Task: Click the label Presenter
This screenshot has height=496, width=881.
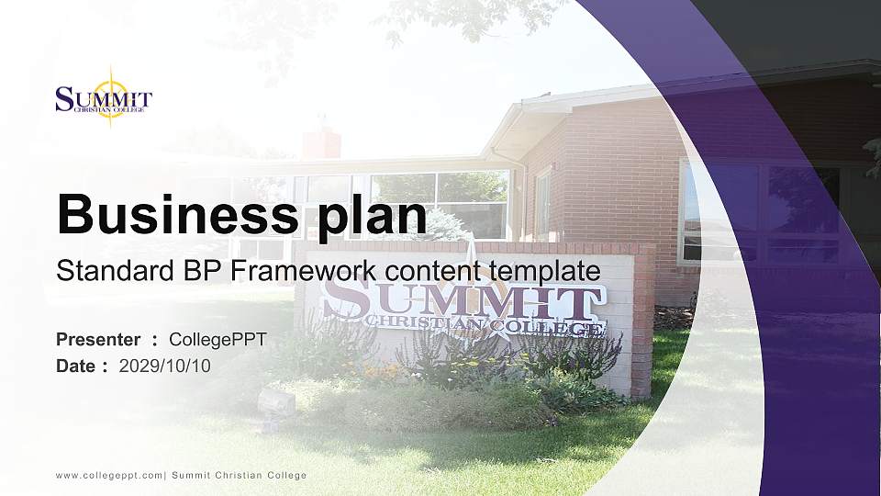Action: point(98,340)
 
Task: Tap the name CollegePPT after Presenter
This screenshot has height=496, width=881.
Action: point(217,340)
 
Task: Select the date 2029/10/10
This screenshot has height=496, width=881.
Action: point(165,366)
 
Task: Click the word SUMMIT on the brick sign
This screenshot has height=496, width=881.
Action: point(463,299)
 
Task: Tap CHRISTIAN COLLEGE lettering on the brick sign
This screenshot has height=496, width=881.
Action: point(484,324)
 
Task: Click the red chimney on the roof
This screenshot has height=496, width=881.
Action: point(321,142)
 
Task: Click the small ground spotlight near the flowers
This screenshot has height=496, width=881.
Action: point(276,401)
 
